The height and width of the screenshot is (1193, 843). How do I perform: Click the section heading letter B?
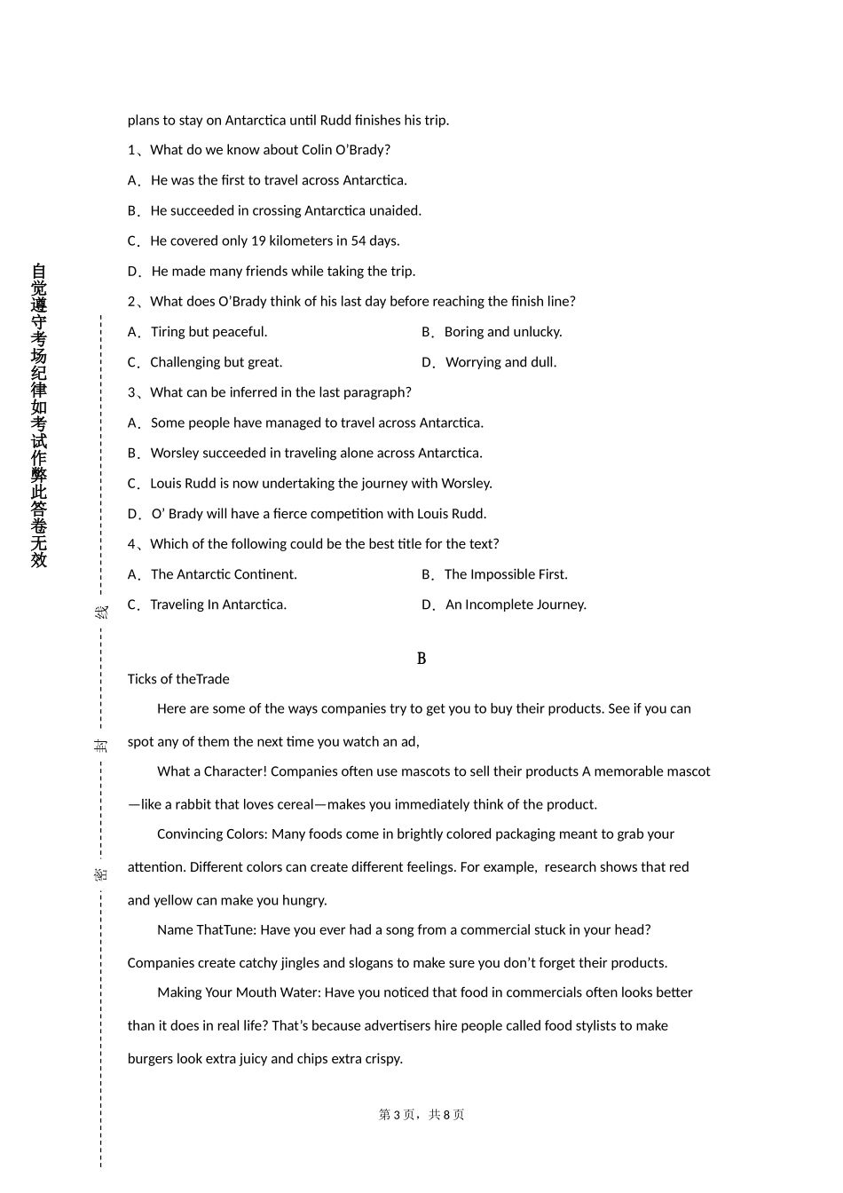(421, 659)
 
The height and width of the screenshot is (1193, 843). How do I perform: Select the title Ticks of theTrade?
(178, 679)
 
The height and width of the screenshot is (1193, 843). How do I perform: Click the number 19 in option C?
(258, 241)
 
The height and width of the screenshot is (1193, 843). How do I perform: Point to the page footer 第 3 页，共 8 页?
(421, 1115)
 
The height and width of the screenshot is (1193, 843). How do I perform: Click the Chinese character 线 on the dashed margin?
(101, 612)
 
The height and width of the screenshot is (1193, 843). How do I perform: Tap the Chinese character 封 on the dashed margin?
(101, 744)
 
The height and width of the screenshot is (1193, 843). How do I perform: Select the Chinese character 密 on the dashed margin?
(101, 873)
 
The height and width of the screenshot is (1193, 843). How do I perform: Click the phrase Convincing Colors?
(212, 834)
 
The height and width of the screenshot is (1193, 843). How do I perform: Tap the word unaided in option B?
(394, 210)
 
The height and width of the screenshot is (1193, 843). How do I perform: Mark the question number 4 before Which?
(131, 544)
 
